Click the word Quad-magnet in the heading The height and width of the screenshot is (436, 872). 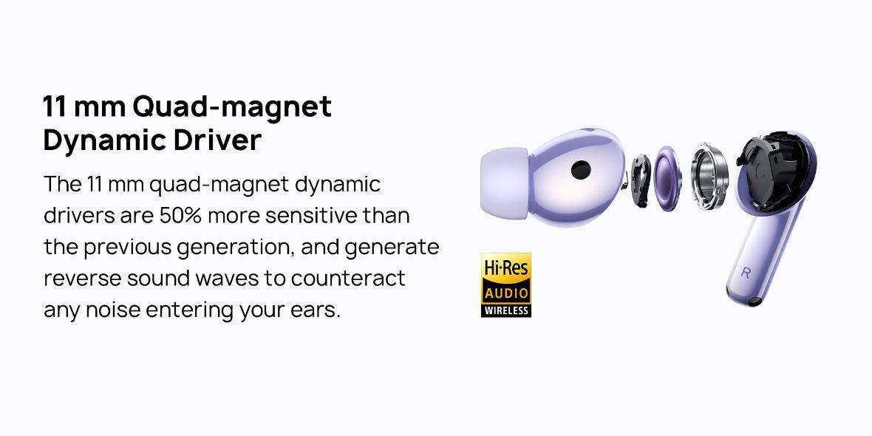click(x=232, y=106)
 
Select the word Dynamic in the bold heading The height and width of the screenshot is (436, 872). click(x=104, y=141)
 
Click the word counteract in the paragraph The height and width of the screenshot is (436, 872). click(x=348, y=279)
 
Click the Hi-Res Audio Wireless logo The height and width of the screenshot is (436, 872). click(x=506, y=285)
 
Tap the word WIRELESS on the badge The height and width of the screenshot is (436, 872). click(x=506, y=310)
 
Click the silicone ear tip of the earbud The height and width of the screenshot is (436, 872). click(x=505, y=183)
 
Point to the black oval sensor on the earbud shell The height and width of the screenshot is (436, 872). click(x=581, y=170)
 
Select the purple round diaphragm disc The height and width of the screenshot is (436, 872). click(x=667, y=178)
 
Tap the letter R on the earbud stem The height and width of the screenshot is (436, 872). click(x=746, y=273)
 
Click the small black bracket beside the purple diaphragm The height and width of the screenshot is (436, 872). click(x=640, y=180)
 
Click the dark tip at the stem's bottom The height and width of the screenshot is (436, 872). click(x=754, y=302)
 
